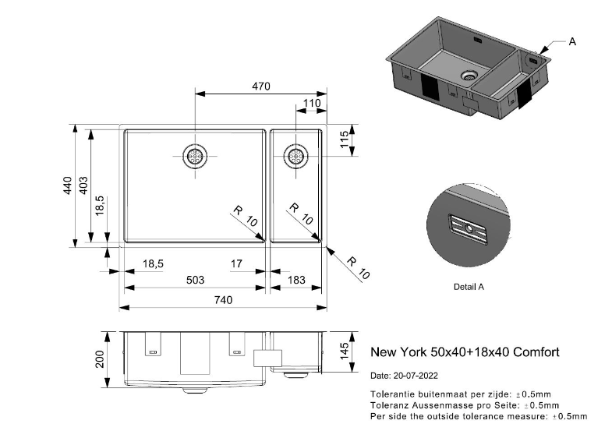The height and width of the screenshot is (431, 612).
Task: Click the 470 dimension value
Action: pos(260,87)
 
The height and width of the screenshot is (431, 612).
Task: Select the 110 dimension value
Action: pos(312,104)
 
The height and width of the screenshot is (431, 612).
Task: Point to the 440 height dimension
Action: pos(68,185)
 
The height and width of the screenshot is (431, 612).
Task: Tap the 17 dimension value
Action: pos(237,264)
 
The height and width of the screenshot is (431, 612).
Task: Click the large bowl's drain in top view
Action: pos(195,156)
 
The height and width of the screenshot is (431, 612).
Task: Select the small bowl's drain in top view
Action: pos(296,156)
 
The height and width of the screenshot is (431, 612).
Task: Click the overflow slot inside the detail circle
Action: pos(468,228)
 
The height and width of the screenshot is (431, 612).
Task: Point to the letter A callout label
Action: pos(572,41)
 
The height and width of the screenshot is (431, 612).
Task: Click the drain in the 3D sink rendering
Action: pos(469,76)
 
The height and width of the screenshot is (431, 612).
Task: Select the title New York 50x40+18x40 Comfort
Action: pos(464,352)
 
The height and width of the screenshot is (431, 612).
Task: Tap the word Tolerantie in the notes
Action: pos(392,394)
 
